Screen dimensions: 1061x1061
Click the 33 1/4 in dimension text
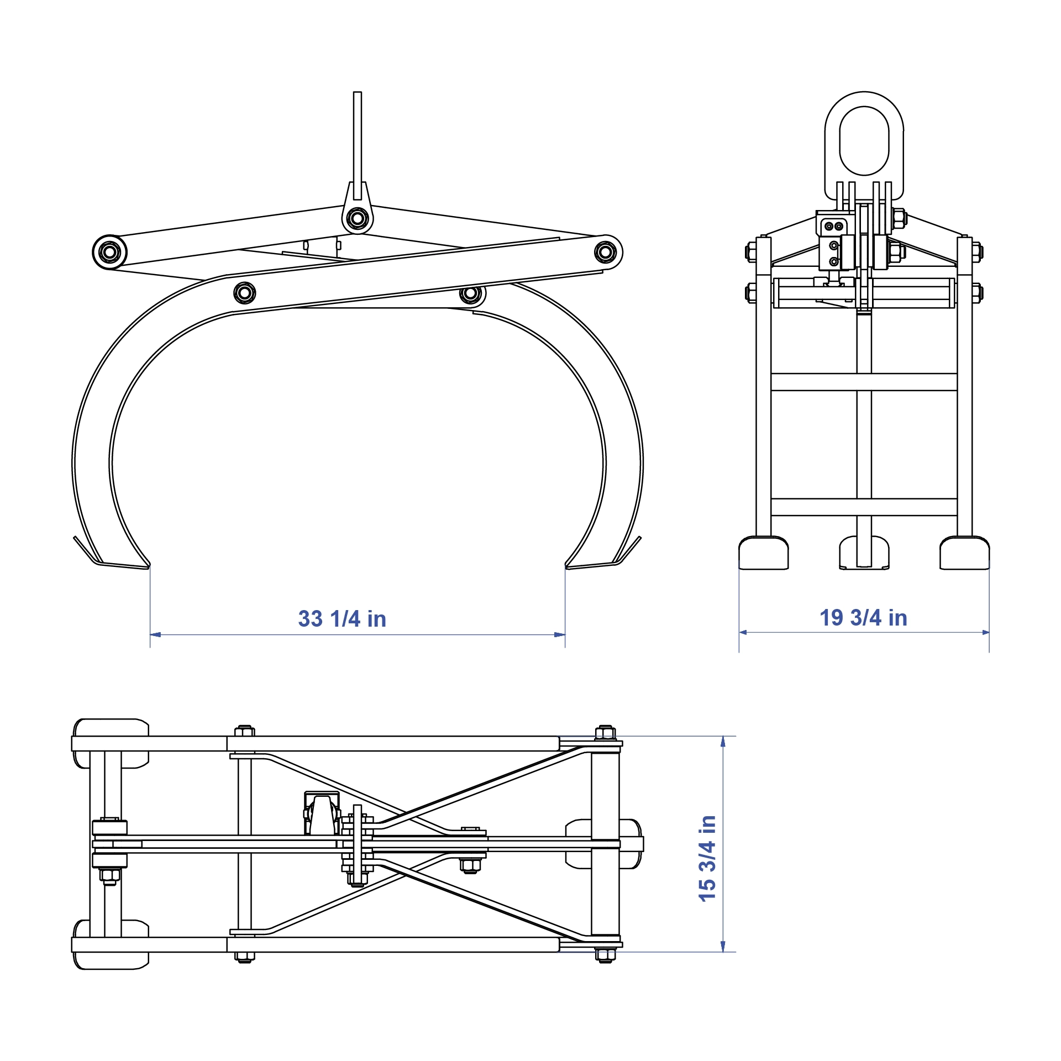coord(342,619)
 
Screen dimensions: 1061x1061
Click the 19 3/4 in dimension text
coord(863,618)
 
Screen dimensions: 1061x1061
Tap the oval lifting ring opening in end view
coord(864,141)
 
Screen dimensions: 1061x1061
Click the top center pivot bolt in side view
coord(358,218)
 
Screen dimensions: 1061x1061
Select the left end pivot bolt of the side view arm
coord(109,253)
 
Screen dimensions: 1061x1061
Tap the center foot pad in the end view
coord(864,553)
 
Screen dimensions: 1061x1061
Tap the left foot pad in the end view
coord(763,553)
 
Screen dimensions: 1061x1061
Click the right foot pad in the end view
coord(964,553)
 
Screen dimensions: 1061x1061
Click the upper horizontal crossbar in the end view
coord(864,382)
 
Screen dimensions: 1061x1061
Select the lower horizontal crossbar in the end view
coord(864,507)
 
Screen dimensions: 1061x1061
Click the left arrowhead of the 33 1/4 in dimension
coord(155,634)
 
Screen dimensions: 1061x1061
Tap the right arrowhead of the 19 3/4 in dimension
coord(985,632)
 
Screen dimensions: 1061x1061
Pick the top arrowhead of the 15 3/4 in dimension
coord(723,741)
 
